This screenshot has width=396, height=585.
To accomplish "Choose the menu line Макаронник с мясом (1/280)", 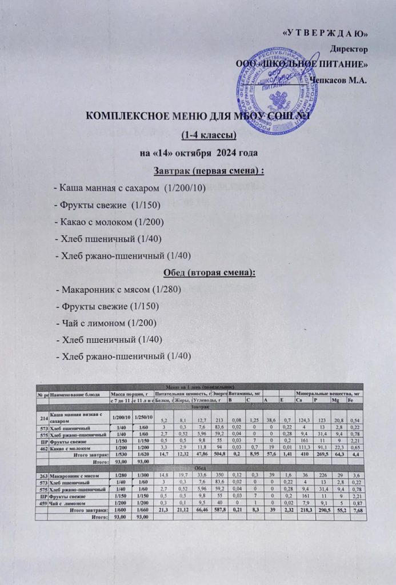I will pyautogui.click(x=119, y=290).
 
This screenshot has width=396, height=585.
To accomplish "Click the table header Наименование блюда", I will pyautogui.click(x=77, y=394).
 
